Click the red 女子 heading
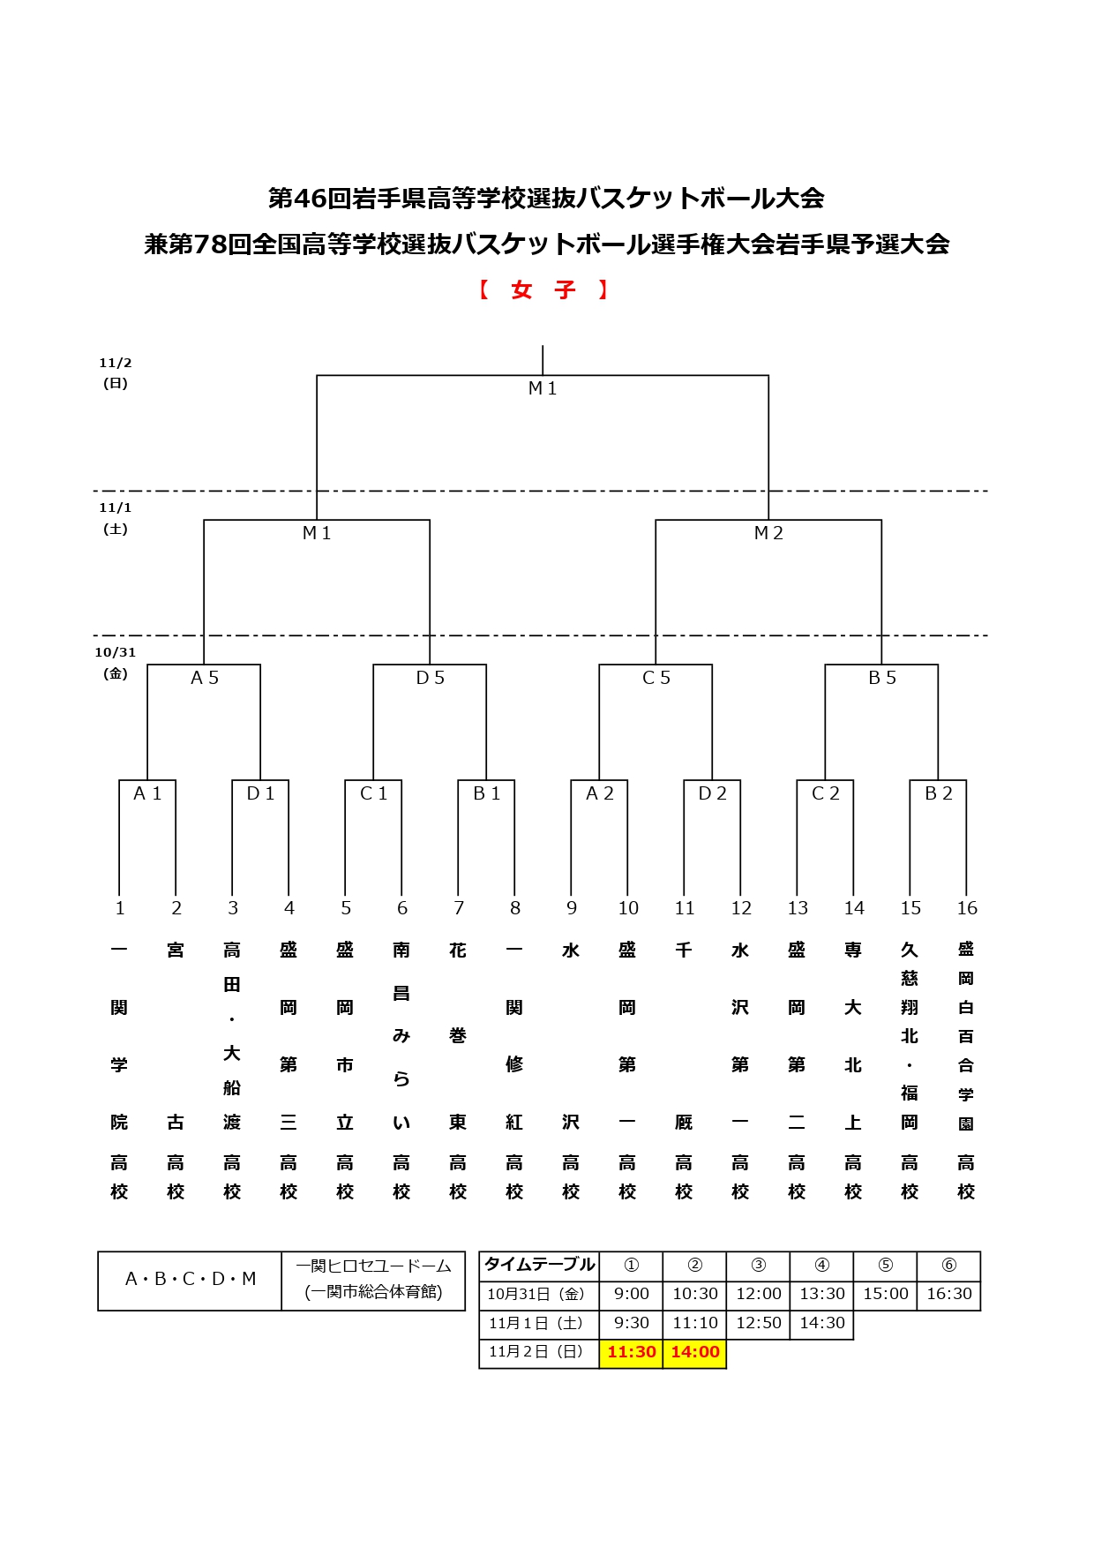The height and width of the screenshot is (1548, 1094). click(543, 290)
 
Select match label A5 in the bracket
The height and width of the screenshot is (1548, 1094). click(205, 678)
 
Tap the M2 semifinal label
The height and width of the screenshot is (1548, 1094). click(768, 533)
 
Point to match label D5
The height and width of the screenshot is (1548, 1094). click(431, 678)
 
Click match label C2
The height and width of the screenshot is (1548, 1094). click(826, 793)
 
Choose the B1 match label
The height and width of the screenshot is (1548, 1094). click(487, 793)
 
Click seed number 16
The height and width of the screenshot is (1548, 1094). click(967, 908)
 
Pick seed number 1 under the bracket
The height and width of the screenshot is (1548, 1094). click(120, 908)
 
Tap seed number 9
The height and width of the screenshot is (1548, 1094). click(572, 908)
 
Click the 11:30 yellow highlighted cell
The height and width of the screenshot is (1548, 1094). click(632, 1352)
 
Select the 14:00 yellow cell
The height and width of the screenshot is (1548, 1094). click(695, 1352)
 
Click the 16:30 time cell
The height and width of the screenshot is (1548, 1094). click(949, 1294)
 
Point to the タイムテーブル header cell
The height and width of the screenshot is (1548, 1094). click(539, 1265)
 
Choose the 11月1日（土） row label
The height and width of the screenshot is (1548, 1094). click(536, 1323)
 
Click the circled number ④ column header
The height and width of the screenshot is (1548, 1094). click(822, 1265)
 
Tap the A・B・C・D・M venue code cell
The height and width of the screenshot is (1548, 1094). click(191, 1279)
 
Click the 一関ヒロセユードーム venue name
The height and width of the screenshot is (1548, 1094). click(373, 1266)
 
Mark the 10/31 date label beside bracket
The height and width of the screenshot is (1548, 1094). click(116, 653)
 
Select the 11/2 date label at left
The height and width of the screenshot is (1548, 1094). click(116, 364)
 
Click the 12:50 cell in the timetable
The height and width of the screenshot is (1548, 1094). click(759, 1323)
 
